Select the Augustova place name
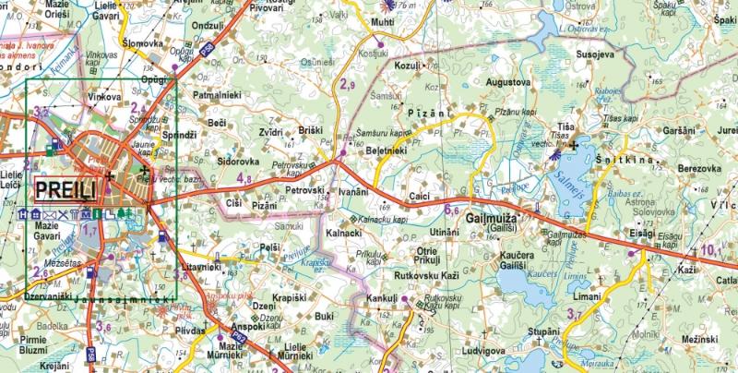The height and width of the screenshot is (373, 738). (508, 82)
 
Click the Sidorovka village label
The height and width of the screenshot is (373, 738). (213, 161)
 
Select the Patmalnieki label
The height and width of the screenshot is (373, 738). (217, 95)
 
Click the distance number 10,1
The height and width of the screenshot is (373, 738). (710, 248)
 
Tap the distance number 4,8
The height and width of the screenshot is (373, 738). (245, 178)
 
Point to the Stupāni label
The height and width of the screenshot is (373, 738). (545, 330)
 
